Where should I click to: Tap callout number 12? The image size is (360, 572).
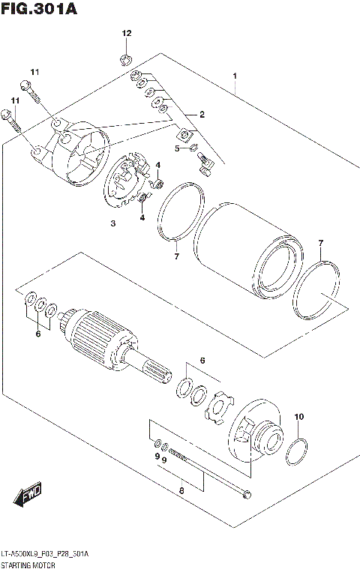(x=127, y=33)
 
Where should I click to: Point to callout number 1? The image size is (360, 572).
(x=235, y=76)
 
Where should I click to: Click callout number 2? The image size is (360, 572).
(x=201, y=114)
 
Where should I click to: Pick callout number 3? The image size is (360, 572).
(x=113, y=223)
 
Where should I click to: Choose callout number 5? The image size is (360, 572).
(x=178, y=148)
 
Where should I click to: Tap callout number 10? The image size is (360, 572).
(x=299, y=416)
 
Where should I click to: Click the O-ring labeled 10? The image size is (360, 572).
(x=296, y=451)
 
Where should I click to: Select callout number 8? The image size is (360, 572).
(x=180, y=492)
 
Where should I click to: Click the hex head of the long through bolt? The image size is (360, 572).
(x=247, y=494)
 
